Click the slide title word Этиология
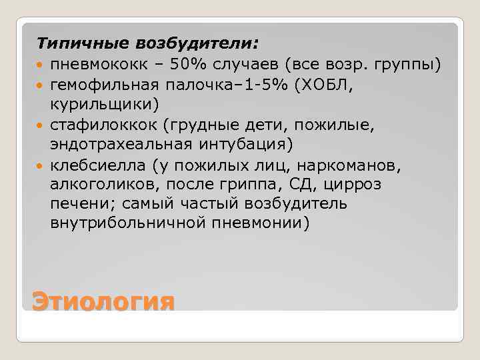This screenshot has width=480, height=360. (x=103, y=301)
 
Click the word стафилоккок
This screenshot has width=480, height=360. (x=102, y=124)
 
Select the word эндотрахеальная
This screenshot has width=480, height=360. (x=123, y=143)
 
